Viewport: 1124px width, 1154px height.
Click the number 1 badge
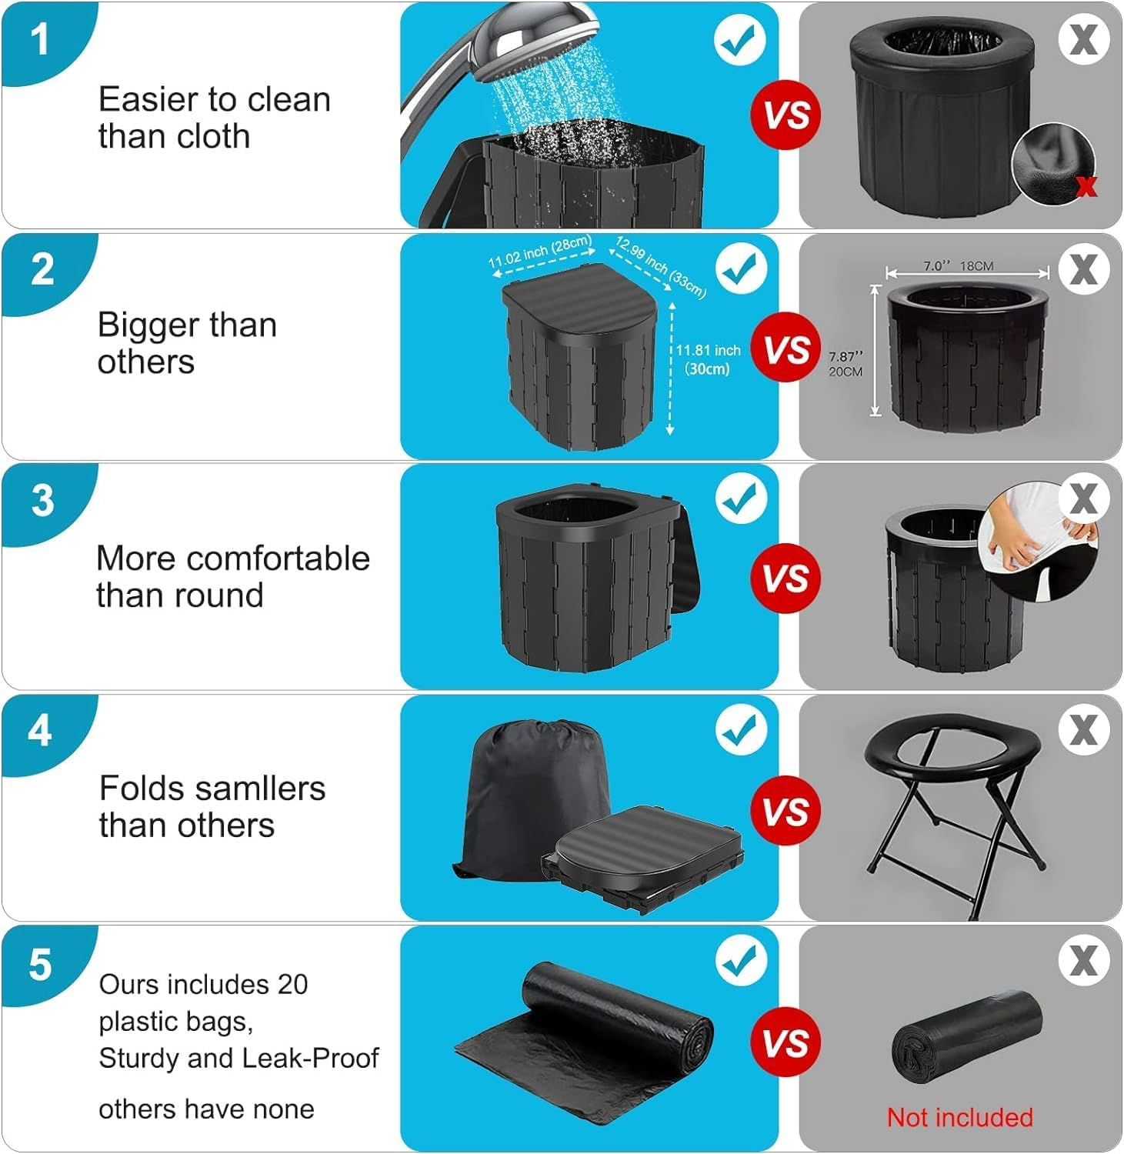click(x=40, y=38)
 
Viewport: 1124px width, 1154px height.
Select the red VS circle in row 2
click(x=786, y=348)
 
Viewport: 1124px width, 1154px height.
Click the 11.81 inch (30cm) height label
click(x=707, y=359)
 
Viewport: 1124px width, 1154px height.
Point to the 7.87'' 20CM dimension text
click(x=846, y=364)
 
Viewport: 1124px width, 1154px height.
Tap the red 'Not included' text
click(x=959, y=1117)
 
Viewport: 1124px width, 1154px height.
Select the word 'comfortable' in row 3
click(x=286, y=559)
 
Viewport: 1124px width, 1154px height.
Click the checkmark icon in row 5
click(x=741, y=959)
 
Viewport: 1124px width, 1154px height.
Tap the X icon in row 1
click(x=1083, y=38)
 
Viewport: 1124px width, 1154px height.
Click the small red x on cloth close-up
click(x=1086, y=185)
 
